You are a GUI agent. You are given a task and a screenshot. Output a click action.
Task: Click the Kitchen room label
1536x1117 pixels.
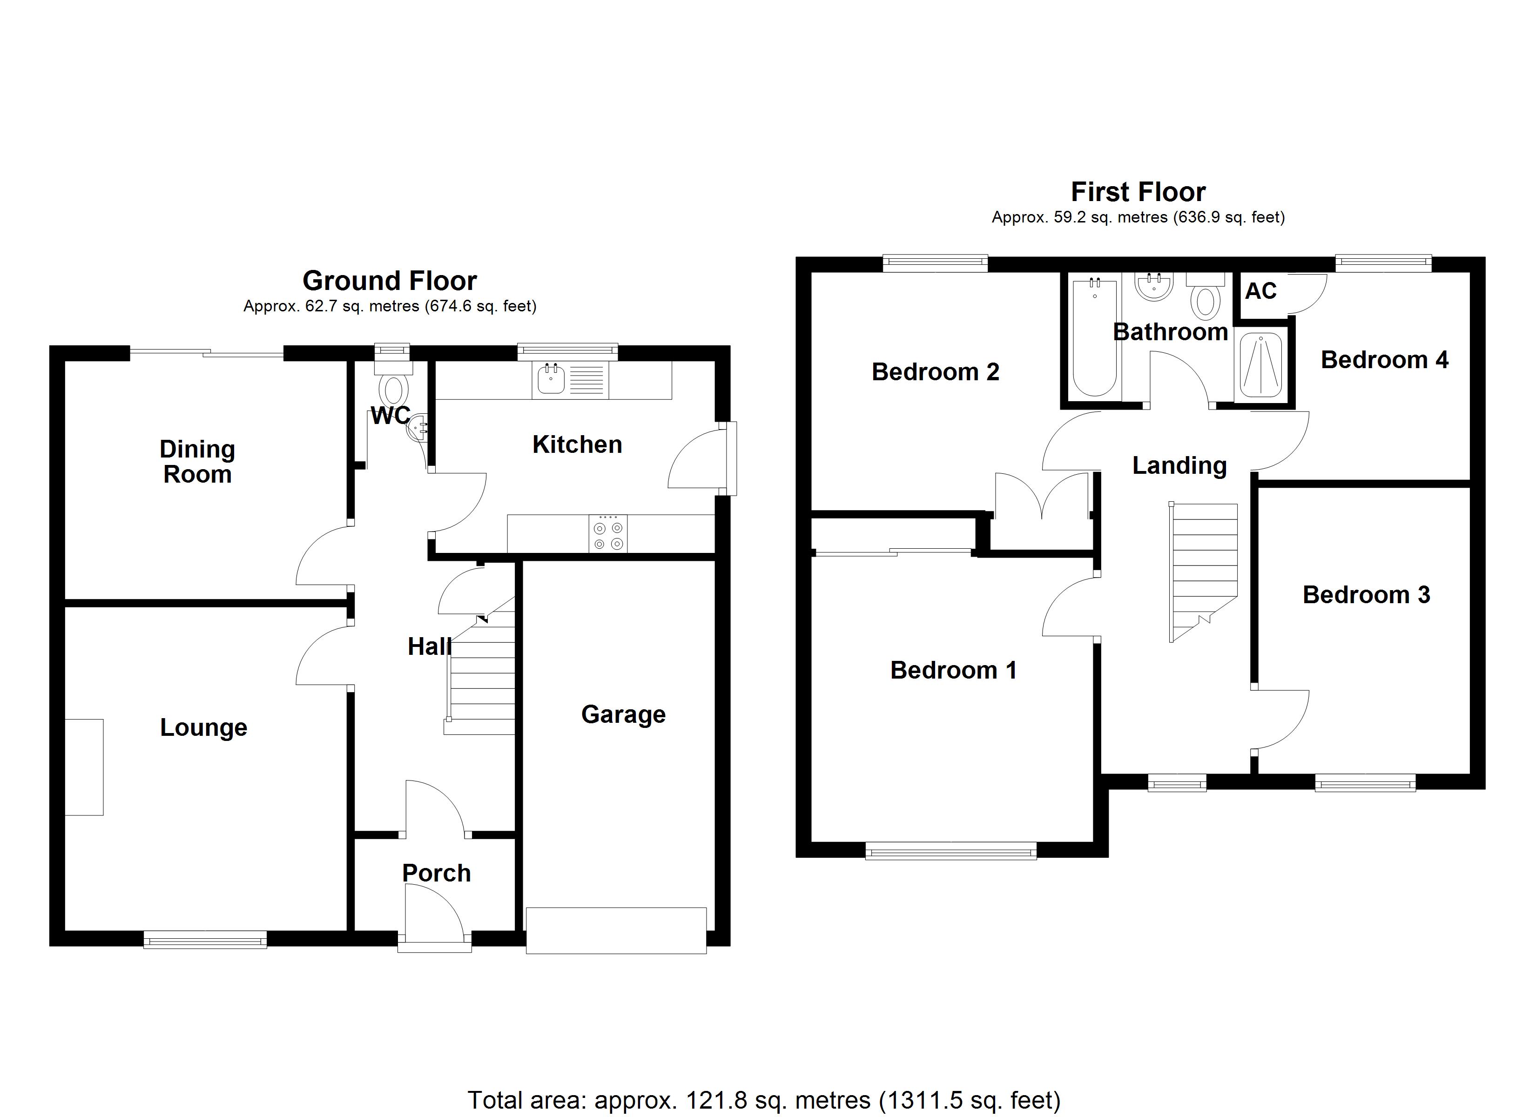pyautogui.click(x=577, y=445)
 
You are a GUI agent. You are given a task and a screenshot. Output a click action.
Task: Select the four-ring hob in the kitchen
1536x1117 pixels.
pyautogui.click(x=607, y=534)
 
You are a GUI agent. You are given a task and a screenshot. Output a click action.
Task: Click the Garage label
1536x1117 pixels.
pyautogui.click(x=623, y=714)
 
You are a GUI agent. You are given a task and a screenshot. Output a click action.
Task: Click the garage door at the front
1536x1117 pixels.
pyautogui.click(x=616, y=931)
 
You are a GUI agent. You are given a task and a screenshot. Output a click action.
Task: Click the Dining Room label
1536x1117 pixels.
pyautogui.click(x=197, y=461)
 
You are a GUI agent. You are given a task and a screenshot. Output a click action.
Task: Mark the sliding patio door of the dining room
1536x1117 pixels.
pyautogui.click(x=207, y=352)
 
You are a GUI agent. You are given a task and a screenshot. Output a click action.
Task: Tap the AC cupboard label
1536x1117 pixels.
pyautogui.click(x=1260, y=291)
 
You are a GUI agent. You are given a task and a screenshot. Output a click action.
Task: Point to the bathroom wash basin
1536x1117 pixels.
pyautogui.click(x=1155, y=287)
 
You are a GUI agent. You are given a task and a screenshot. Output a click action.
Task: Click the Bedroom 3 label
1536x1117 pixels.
pyautogui.click(x=1366, y=595)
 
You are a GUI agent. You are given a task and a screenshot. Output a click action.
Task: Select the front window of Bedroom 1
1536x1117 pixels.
pyautogui.click(x=951, y=850)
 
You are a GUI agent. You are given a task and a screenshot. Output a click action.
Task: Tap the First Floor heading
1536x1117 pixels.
pyautogui.click(x=1138, y=192)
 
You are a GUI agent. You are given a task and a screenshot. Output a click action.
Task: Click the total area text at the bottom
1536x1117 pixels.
pyautogui.click(x=763, y=1100)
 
